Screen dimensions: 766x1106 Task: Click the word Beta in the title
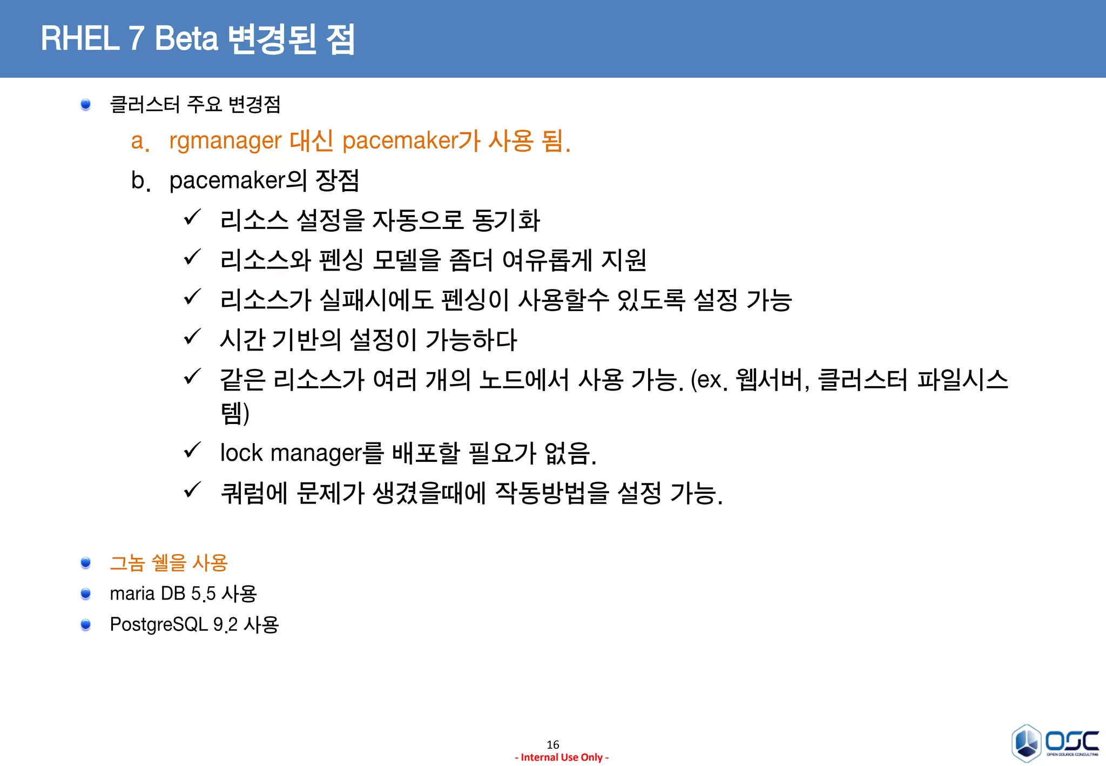click(186, 39)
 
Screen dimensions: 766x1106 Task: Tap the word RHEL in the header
click(80, 39)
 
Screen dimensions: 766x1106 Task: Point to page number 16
click(552, 744)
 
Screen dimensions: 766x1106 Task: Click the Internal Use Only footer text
click(562, 757)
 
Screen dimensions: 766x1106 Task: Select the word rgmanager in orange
click(225, 141)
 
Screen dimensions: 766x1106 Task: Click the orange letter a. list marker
click(139, 142)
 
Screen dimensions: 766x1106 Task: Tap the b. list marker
click(140, 181)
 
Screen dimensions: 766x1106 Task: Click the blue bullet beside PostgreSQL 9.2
click(85, 625)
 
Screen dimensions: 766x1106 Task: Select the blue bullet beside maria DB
click(85, 594)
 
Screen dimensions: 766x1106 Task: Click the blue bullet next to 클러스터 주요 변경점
click(85, 104)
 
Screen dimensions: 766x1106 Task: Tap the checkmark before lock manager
click(192, 450)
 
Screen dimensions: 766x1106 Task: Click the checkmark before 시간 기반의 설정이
click(192, 337)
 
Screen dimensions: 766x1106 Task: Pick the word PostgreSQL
click(158, 625)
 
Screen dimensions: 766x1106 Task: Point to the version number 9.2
click(225, 625)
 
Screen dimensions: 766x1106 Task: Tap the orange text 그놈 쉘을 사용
click(168, 563)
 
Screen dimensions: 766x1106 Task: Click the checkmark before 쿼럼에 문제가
click(192, 490)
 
